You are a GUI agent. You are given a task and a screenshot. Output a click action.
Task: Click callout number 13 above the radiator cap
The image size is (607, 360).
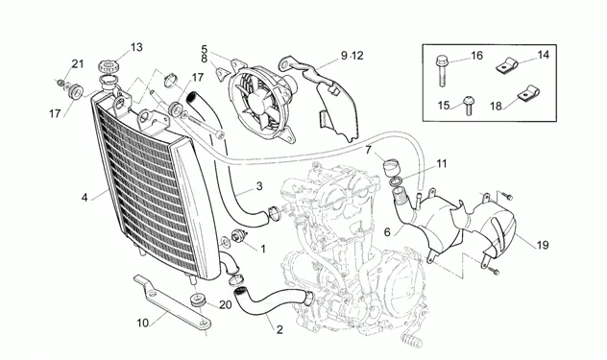[x=135, y=47]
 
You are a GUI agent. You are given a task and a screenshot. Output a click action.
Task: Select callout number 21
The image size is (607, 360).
[x=78, y=64]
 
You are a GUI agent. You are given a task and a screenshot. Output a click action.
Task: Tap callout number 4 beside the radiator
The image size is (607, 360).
[x=85, y=197]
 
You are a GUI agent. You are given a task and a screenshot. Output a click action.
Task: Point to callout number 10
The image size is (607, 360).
[x=143, y=323]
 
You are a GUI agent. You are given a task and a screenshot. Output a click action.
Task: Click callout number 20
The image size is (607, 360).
[x=225, y=305]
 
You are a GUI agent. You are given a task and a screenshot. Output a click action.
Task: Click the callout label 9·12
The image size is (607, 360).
[x=351, y=56]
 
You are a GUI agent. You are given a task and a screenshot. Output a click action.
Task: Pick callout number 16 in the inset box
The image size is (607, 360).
[x=476, y=57]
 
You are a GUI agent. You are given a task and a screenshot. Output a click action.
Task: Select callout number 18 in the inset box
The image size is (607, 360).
[x=496, y=107]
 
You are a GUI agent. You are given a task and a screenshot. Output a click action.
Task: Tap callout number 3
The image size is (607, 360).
[x=258, y=185]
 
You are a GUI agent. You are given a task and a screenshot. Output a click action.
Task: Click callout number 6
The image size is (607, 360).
[x=388, y=231]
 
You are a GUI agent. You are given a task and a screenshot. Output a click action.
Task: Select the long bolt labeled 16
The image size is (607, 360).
[x=443, y=67]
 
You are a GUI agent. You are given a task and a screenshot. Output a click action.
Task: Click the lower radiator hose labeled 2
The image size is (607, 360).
[x=264, y=300]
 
